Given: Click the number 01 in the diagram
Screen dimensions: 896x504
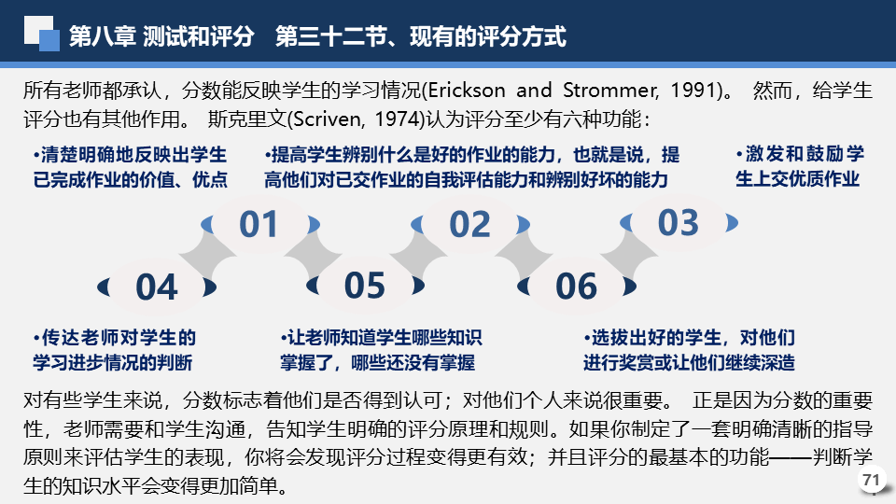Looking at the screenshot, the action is [x=259, y=224].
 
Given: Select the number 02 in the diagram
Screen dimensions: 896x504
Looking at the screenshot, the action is [x=469, y=224].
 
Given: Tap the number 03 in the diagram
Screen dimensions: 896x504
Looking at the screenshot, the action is [x=679, y=222].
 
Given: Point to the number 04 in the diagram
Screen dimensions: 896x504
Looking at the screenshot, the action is [x=157, y=287].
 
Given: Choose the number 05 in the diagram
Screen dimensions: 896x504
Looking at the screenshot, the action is [x=365, y=286].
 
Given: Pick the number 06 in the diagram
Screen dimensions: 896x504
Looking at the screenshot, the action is [x=576, y=287].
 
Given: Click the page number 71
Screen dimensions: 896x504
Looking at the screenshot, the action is [x=872, y=480].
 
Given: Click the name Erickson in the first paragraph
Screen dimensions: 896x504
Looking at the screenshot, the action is [x=467, y=91].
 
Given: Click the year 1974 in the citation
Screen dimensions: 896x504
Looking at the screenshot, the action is [x=398, y=119].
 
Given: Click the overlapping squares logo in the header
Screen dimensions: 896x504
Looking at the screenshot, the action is [x=42, y=34].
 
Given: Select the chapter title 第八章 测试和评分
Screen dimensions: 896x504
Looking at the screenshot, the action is [x=161, y=36].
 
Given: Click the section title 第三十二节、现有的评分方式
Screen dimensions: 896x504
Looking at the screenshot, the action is [x=421, y=36].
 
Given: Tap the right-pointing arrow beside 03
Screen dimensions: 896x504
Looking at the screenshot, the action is [x=732, y=222].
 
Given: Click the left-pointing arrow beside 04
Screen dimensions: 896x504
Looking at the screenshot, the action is [x=104, y=287].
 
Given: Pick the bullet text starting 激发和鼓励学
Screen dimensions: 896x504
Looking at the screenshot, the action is [x=800, y=166].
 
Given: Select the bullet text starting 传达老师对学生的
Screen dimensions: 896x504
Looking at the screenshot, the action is [x=114, y=350].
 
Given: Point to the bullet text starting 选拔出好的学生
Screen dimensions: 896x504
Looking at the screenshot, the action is [x=689, y=350].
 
